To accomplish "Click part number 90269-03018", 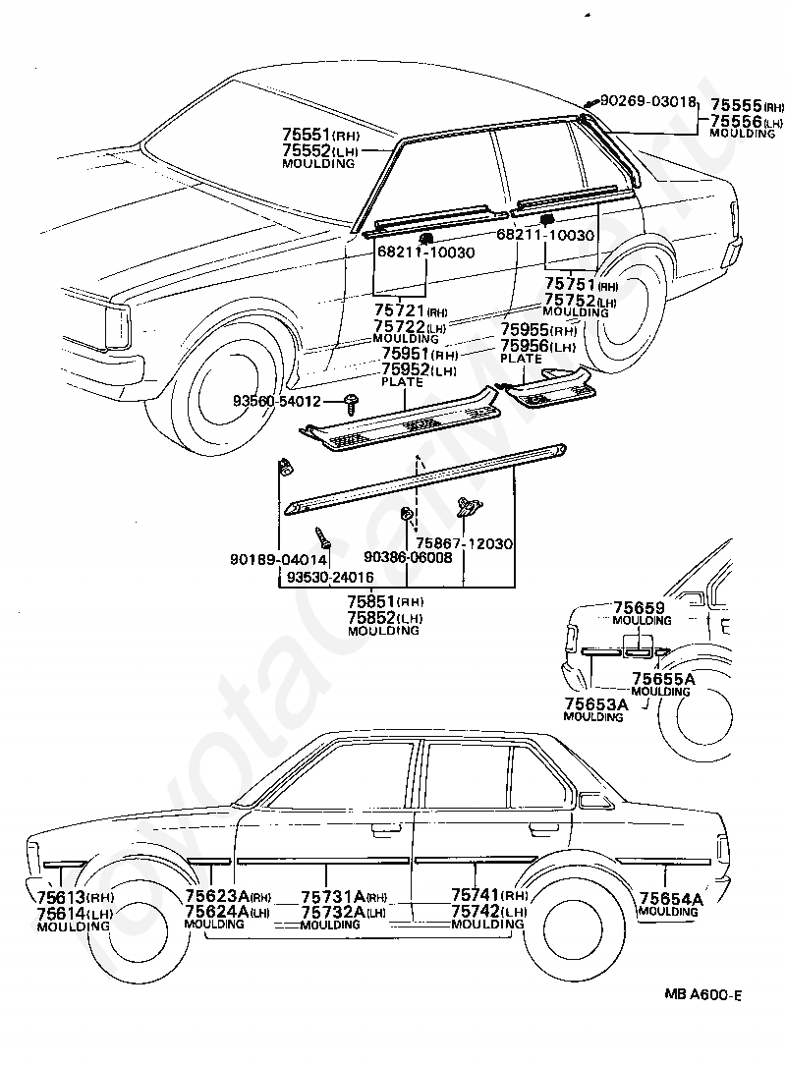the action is pos(648,102).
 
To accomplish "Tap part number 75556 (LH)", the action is pos(748,121).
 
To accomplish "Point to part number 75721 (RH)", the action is pos(411,311).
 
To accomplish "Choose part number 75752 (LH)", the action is pos(581,300).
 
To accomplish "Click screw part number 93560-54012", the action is pos(276,402).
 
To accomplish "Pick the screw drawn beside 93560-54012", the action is pos(352,403).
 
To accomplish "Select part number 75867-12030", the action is pos(464,543).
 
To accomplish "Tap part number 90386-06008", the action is pos(408,557).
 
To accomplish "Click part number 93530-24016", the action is pos(329,577).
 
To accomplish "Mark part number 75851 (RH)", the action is pos(385,602).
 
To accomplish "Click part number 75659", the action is pos(639,607).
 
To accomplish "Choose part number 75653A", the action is pos(595,703).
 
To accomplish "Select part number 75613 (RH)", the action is pos(75,897).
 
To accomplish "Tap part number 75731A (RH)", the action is pos(344,897).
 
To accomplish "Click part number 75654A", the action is pos(671,898).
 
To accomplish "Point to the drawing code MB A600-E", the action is pos(702,995).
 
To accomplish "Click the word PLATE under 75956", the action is pos(522,359).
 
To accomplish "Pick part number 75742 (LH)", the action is pos(489,911).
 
